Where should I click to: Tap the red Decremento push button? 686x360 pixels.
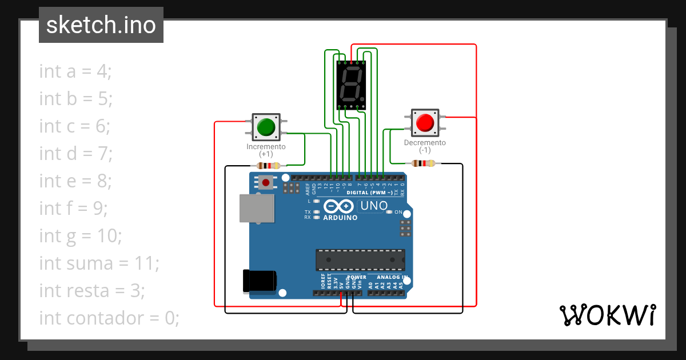(x=425, y=122)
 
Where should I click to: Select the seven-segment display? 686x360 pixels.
(x=351, y=85)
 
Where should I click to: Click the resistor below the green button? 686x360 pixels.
(x=269, y=166)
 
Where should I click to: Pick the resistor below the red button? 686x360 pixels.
(x=423, y=164)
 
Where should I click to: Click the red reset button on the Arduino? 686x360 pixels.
(x=265, y=183)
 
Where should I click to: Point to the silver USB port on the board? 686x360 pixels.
(x=256, y=207)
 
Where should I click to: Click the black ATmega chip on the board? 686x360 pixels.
(x=361, y=259)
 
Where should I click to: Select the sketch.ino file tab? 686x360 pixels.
(x=101, y=25)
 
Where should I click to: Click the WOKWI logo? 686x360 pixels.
(x=607, y=315)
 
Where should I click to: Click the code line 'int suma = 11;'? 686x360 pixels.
(x=99, y=263)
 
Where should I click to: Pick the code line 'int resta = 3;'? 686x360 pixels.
(x=92, y=291)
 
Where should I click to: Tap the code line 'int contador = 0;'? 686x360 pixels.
(x=109, y=318)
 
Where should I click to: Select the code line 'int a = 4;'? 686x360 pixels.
(x=75, y=71)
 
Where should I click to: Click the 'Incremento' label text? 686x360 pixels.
(x=266, y=147)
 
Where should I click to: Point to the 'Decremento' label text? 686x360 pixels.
(x=425, y=143)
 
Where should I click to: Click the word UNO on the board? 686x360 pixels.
(x=374, y=206)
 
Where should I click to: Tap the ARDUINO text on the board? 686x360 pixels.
(x=340, y=218)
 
